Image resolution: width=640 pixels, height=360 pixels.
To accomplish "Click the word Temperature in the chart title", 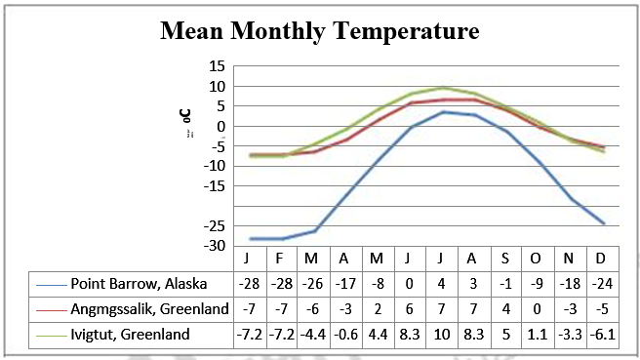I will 403,31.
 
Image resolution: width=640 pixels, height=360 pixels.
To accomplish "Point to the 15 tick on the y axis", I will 216,66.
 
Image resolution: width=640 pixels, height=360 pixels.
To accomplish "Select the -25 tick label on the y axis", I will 213,225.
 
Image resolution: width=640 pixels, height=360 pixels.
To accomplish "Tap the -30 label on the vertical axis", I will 213,245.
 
